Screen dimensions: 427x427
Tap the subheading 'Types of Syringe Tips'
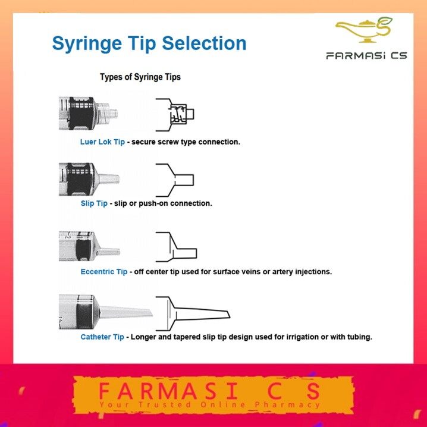[x=140, y=77]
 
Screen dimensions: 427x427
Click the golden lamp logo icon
[x=364, y=30]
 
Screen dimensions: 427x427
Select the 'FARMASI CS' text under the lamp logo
[x=366, y=56]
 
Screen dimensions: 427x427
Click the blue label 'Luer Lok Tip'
[x=102, y=142]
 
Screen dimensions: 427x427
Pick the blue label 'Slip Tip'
[x=94, y=203]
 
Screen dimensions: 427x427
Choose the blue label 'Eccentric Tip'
[x=104, y=272]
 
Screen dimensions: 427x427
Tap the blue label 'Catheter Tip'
[x=102, y=337]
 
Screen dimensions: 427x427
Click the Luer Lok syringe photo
[x=88, y=113]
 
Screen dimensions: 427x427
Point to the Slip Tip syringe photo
[x=89, y=179]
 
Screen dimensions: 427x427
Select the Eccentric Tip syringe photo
[x=89, y=246]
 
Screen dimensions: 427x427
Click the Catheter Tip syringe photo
[x=106, y=312]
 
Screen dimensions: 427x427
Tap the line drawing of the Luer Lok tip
[x=175, y=115]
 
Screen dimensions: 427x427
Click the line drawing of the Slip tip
[x=175, y=180]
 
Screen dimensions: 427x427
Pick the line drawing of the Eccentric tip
[x=176, y=247]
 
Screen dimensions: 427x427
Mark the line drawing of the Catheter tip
[x=193, y=313]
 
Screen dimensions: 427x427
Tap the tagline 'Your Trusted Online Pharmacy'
[x=210, y=404]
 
